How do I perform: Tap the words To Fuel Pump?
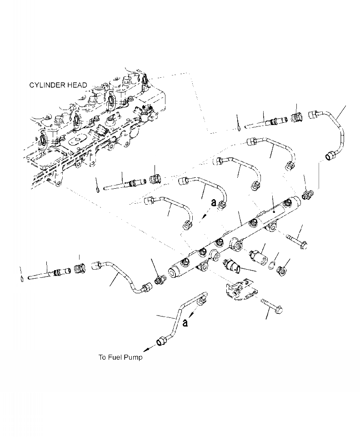(120, 357)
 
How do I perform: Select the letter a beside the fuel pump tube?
(185, 323)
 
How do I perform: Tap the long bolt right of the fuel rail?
(297, 242)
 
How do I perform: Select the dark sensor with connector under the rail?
(234, 267)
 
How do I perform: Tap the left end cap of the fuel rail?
(174, 272)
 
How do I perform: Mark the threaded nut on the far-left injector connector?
(80, 268)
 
